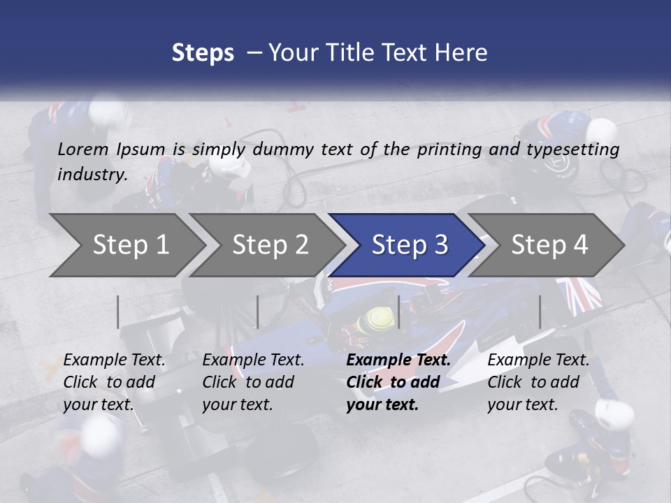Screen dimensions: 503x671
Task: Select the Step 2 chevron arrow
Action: pos(269,245)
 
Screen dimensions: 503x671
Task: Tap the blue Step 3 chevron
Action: pos(409,245)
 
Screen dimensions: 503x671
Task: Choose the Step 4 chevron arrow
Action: pos(549,245)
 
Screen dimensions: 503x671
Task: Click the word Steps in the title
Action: pos(203,53)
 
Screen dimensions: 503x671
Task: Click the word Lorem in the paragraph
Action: pos(82,150)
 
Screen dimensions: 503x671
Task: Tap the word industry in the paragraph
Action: pos(92,175)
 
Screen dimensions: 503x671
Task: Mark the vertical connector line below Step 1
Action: pos(118,312)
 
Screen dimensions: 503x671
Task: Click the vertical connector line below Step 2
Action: pos(258,312)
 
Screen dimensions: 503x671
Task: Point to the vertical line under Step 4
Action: pos(540,312)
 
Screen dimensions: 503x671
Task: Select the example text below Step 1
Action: pos(114,381)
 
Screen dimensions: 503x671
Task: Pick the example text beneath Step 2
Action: pos(253,381)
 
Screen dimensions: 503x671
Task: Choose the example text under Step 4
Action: pos(538,381)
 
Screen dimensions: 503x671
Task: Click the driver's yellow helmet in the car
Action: pos(372,319)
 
